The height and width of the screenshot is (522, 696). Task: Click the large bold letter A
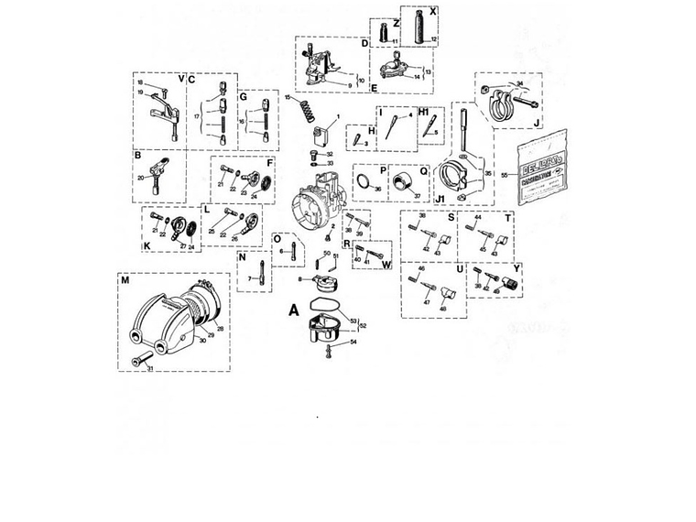click(294, 310)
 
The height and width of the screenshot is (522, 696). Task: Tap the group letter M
click(125, 279)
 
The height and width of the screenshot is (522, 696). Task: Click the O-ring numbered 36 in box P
click(363, 185)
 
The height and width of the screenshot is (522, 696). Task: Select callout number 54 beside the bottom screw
click(353, 342)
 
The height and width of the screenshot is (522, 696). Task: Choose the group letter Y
click(517, 269)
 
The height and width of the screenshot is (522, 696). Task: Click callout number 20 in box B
click(141, 178)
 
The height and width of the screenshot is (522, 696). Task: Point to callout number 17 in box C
click(197, 117)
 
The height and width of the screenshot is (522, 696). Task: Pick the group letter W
click(387, 266)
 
